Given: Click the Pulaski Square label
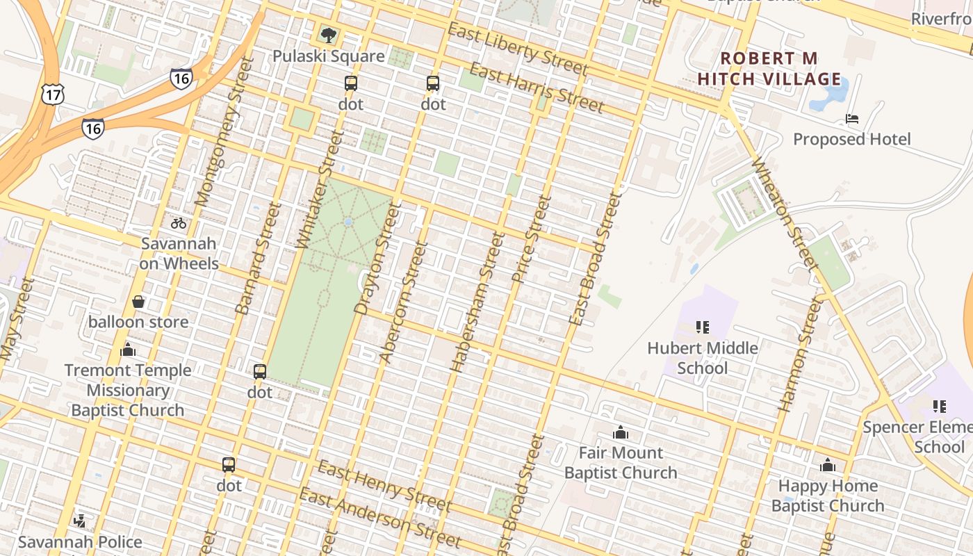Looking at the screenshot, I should click(x=328, y=56).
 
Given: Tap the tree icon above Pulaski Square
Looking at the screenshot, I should click(x=328, y=34).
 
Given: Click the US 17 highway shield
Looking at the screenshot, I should click(x=52, y=94).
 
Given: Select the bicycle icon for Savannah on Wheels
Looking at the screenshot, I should click(x=179, y=223).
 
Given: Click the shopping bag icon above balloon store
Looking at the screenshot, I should click(x=138, y=302).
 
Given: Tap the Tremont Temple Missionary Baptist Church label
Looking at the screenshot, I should click(x=128, y=390).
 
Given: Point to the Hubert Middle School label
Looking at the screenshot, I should click(x=702, y=358).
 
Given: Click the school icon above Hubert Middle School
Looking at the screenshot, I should click(x=702, y=327).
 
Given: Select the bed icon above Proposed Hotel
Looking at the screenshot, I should click(x=852, y=119).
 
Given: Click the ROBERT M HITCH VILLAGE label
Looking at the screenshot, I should click(x=769, y=69).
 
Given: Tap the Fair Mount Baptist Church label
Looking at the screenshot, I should click(x=621, y=463).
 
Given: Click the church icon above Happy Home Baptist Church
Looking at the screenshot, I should click(x=828, y=464).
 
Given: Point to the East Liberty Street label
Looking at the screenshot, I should click(x=518, y=49).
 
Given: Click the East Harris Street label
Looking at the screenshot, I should click(x=537, y=88).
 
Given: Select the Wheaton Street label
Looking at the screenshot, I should click(x=783, y=213).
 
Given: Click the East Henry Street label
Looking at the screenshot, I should click(x=384, y=484).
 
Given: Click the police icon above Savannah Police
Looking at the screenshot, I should click(x=80, y=521).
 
